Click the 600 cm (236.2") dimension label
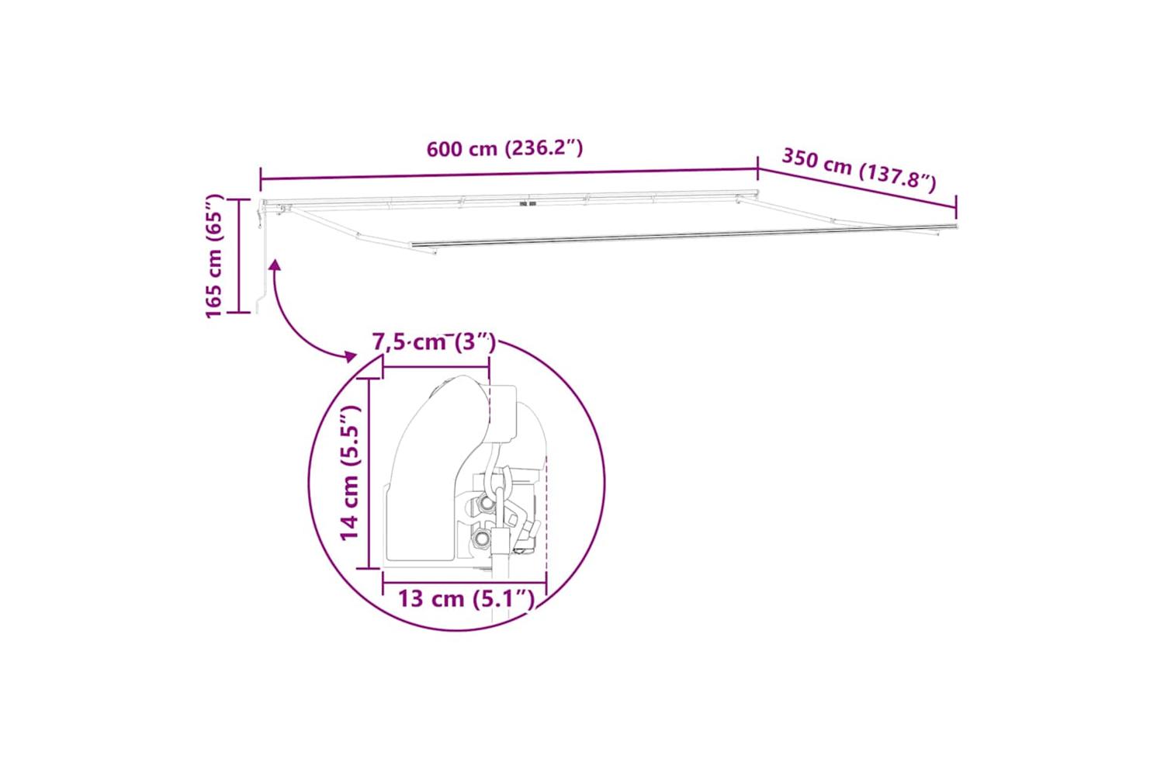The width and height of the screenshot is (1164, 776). [504, 149]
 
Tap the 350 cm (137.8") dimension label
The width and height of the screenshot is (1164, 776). [858, 169]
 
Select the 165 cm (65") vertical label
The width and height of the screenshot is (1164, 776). [214, 256]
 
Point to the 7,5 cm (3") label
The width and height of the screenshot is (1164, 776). [434, 342]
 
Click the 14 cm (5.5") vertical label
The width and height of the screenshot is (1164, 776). [350, 473]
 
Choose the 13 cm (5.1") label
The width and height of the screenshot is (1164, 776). [466, 599]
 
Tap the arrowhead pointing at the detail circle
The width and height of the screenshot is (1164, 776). [351, 356]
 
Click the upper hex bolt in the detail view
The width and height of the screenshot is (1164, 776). [486, 503]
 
